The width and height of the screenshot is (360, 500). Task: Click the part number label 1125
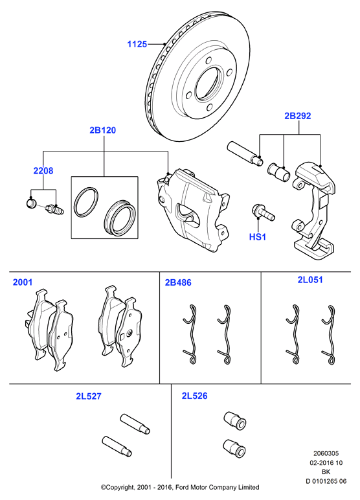point(137,44)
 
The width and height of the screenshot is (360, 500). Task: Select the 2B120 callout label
point(103,130)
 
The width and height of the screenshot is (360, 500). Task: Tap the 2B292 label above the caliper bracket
point(297,116)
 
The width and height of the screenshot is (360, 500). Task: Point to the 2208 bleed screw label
point(43,170)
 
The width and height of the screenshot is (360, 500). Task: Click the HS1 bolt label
point(257,237)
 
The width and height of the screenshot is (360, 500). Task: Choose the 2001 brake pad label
point(23,282)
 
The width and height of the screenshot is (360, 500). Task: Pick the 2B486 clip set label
point(178,282)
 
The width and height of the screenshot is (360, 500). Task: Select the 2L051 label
point(310,280)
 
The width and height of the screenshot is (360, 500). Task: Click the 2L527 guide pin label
point(89,396)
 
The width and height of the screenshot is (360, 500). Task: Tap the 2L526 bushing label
point(194,396)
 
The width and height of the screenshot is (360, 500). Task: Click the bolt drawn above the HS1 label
point(263,212)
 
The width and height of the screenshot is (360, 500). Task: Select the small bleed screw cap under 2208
point(30,203)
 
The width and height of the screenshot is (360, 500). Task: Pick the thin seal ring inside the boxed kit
point(85,203)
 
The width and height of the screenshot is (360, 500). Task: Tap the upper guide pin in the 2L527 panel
point(135,423)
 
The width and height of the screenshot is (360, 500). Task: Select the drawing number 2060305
point(326,453)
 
